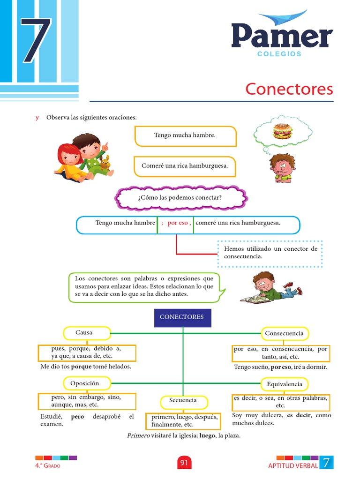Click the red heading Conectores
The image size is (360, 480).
tap(289, 89)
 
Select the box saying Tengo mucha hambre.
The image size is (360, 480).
tap(185, 135)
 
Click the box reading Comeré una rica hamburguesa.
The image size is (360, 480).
tap(185, 166)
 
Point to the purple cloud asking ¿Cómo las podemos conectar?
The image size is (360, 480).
tap(180, 198)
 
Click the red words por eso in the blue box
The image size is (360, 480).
tap(178, 223)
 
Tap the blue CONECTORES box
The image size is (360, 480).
tap(182, 317)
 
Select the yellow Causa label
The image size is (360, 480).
tap(87, 333)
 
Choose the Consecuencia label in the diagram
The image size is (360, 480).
tap(284, 334)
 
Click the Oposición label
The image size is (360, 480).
tap(87, 383)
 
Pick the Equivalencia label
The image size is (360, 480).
tap(284, 384)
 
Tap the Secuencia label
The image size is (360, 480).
tap(183, 401)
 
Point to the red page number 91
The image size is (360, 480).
tap(184, 463)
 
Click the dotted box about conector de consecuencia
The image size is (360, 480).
tap(270, 253)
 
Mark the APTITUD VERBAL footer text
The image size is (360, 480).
tap(293, 465)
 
